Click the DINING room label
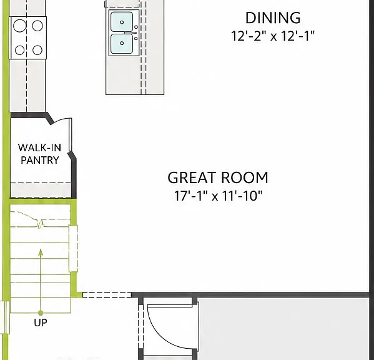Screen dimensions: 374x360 point(273,18)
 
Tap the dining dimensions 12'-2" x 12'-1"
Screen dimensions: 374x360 point(273,36)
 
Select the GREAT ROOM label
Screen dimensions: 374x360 point(218,177)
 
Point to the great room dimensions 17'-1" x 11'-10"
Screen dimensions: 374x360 point(219,196)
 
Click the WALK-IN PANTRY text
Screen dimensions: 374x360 point(39,154)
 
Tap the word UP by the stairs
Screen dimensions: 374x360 point(41,322)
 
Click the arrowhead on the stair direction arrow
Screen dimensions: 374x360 point(41,252)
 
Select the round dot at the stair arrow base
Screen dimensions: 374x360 point(41,312)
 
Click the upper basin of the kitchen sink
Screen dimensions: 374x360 point(122,22)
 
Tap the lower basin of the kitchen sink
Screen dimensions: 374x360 point(122,44)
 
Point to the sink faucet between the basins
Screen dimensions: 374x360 point(130,32)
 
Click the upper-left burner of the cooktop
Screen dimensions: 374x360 point(19,26)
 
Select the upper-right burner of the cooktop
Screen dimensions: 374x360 point(37,26)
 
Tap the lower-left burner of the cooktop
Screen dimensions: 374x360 point(19,50)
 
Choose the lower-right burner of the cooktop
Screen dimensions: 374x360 point(37,50)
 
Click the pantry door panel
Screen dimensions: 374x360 point(70,134)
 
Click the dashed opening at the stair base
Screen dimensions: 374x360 point(107,295)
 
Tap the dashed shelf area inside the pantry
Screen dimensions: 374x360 point(41,190)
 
